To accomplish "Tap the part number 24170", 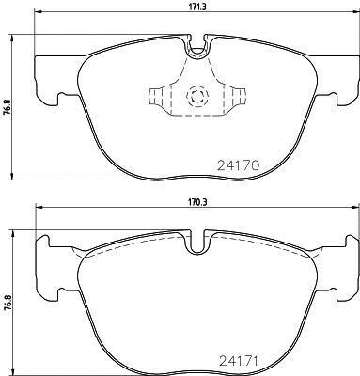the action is click(239, 165).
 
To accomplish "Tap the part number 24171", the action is click(239, 361).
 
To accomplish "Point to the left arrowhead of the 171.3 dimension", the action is click(38, 12).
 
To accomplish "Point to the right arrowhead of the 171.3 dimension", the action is click(355, 12).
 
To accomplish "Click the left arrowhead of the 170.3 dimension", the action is click(38, 207).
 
